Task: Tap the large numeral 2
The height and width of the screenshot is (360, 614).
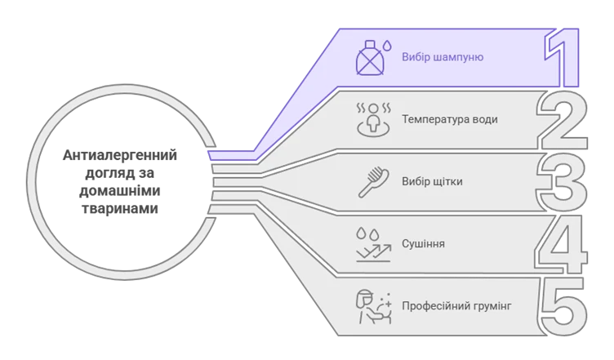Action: pyautogui.click(x=563, y=120)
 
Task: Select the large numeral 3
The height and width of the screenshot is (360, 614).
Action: pyautogui.click(x=562, y=181)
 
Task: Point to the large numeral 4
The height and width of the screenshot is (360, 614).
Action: pyautogui.click(x=561, y=244)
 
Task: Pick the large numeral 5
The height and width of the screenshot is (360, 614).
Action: pyautogui.click(x=563, y=306)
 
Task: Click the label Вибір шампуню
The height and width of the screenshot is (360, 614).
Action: pyautogui.click(x=443, y=57)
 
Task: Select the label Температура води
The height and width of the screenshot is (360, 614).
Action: pyautogui.click(x=450, y=119)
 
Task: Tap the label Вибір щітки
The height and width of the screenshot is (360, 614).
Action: pyautogui.click(x=432, y=181)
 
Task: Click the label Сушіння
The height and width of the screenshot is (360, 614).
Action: pyautogui.click(x=423, y=243)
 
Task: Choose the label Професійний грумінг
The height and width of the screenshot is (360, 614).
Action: pyautogui.click(x=456, y=305)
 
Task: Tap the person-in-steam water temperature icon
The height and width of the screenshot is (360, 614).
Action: pyautogui.click(x=374, y=120)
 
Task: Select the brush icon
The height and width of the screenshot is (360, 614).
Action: pyautogui.click(x=374, y=182)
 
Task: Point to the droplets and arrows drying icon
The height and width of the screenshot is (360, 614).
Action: pyautogui.click(x=374, y=245)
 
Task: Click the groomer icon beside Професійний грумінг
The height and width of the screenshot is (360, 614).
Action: pyautogui.click(x=374, y=307)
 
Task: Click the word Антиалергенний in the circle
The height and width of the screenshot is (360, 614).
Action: pyautogui.click(x=120, y=155)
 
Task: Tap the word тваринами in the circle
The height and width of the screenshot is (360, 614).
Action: pyautogui.click(x=120, y=208)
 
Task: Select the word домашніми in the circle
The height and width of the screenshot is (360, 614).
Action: pyautogui.click(x=120, y=190)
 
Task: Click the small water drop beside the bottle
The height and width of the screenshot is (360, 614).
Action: pyautogui.click(x=387, y=46)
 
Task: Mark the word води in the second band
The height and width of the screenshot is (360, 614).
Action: pyautogui.click(x=484, y=119)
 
